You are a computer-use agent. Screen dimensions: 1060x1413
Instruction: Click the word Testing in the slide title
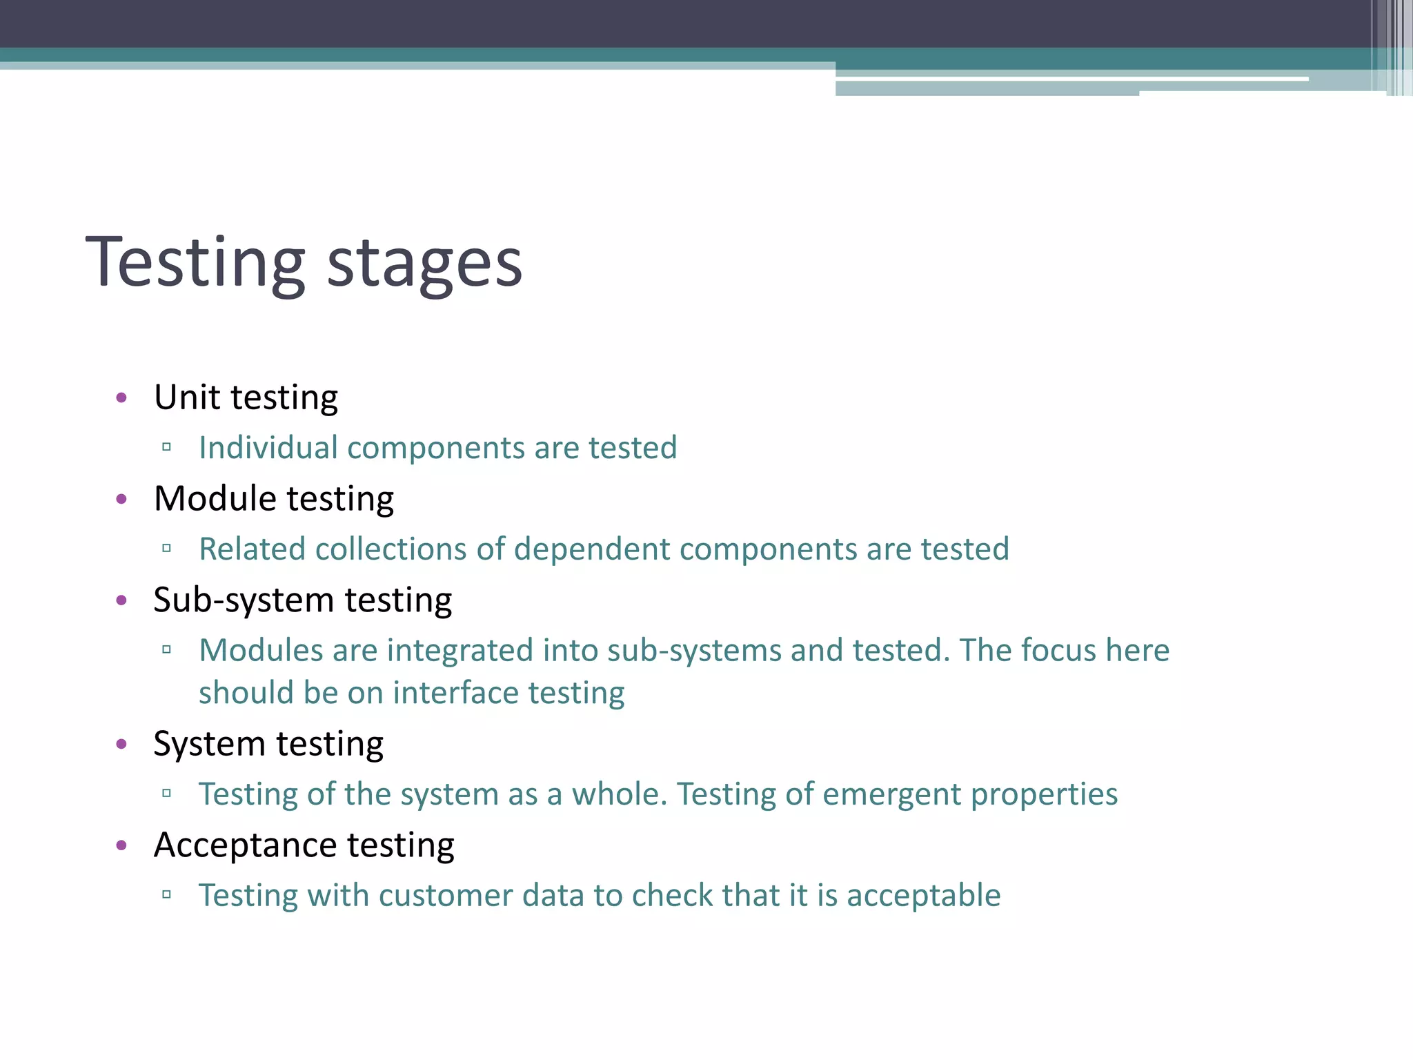pyautogui.click(x=195, y=262)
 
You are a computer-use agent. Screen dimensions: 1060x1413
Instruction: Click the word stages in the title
pyautogui.click(x=424, y=265)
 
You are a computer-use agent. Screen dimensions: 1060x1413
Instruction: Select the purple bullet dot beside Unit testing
pyautogui.click(x=122, y=397)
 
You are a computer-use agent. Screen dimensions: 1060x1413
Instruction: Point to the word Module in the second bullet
pyautogui.click(x=215, y=498)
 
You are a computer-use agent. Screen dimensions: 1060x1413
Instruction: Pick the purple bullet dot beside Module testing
pyautogui.click(x=122, y=499)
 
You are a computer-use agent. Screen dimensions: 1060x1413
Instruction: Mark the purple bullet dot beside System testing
pyautogui.click(x=122, y=744)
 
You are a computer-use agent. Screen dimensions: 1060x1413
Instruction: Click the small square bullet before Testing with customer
pyautogui.click(x=166, y=895)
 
